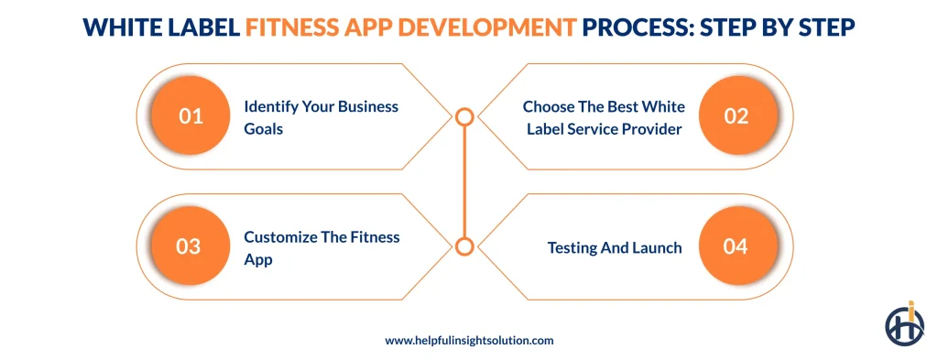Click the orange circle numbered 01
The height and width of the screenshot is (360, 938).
tap(190, 116)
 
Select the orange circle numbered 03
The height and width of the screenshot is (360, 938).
tap(190, 246)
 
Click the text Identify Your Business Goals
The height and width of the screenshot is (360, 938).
tap(321, 117)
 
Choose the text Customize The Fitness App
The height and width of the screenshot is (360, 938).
tap(322, 247)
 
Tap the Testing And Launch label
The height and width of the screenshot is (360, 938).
tap(615, 247)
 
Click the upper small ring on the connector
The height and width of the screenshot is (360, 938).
tap(464, 116)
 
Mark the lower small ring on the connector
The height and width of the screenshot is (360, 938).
tap(464, 245)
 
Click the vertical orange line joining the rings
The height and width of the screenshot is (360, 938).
tap(464, 181)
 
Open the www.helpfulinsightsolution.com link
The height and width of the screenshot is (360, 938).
tap(469, 340)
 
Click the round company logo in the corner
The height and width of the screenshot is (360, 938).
tap(904, 323)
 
